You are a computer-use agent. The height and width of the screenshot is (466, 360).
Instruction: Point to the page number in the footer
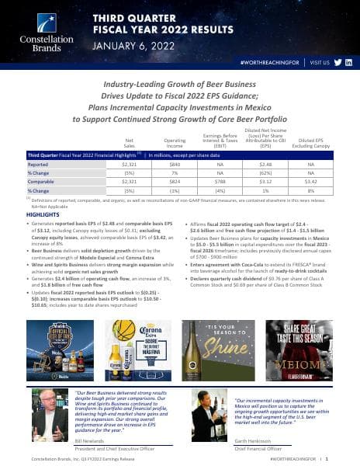349,458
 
